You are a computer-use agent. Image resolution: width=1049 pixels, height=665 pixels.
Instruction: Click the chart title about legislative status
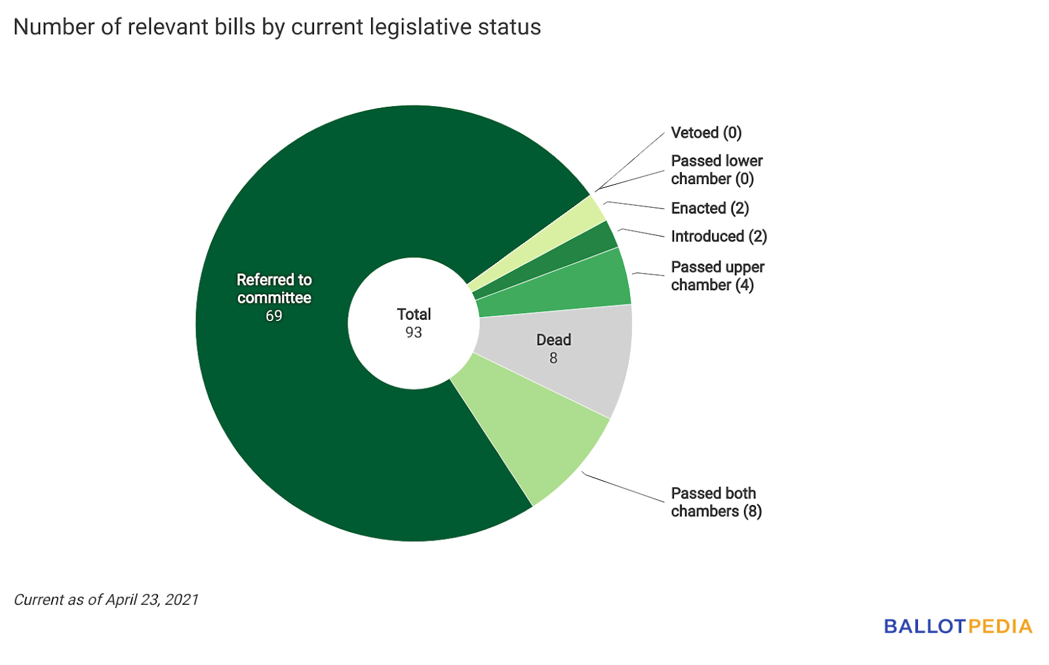[x=277, y=28]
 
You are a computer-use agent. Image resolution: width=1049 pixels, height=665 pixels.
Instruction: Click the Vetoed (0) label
[x=706, y=133]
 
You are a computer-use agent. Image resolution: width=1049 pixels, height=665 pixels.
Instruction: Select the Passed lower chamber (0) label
[x=717, y=170]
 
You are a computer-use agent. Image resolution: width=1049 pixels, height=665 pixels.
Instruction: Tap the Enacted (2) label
[x=709, y=208]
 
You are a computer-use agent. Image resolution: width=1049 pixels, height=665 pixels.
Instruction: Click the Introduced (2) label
[x=719, y=237]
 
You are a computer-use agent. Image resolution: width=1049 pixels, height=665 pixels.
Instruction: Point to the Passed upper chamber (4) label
[x=717, y=276]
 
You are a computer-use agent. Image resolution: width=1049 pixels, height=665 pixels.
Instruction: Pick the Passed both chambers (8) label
[x=716, y=503]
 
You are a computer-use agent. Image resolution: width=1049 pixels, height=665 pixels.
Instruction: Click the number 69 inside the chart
[x=274, y=316]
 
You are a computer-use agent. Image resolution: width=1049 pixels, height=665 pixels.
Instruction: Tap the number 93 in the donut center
[x=414, y=333]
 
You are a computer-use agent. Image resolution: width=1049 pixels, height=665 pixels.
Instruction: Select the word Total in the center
[x=414, y=314]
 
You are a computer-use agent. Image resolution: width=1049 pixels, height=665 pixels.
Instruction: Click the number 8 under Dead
[x=553, y=358]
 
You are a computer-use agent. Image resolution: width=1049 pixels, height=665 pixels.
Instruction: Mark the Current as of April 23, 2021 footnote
[x=106, y=599]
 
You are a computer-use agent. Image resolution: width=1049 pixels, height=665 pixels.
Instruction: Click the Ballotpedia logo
[x=958, y=626]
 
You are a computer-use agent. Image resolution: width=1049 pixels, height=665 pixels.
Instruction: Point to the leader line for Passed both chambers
[x=623, y=487]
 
